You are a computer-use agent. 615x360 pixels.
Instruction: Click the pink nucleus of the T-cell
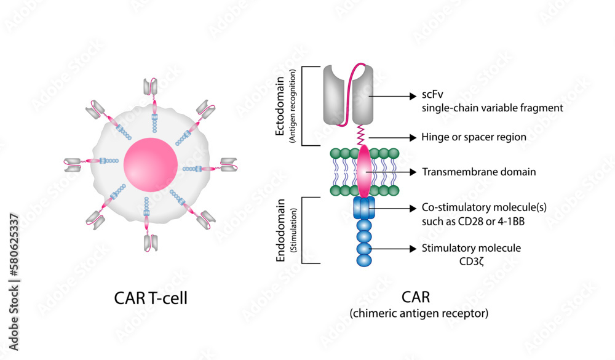[x=151, y=165]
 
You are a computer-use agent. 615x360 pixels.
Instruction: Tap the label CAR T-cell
[x=151, y=298]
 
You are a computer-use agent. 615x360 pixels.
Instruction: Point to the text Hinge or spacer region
[x=474, y=137]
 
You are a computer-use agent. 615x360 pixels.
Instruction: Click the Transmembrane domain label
[x=478, y=172]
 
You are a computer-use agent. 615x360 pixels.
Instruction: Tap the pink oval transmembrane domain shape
[x=364, y=172]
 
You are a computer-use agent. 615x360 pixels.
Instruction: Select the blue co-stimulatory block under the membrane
[x=363, y=209]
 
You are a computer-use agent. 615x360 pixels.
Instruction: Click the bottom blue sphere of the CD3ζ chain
[x=363, y=259]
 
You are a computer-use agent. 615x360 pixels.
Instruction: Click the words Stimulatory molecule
[x=471, y=248]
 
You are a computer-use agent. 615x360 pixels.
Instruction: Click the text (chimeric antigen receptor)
[x=419, y=313]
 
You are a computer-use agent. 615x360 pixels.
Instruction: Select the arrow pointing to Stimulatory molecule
[x=394, y=248]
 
